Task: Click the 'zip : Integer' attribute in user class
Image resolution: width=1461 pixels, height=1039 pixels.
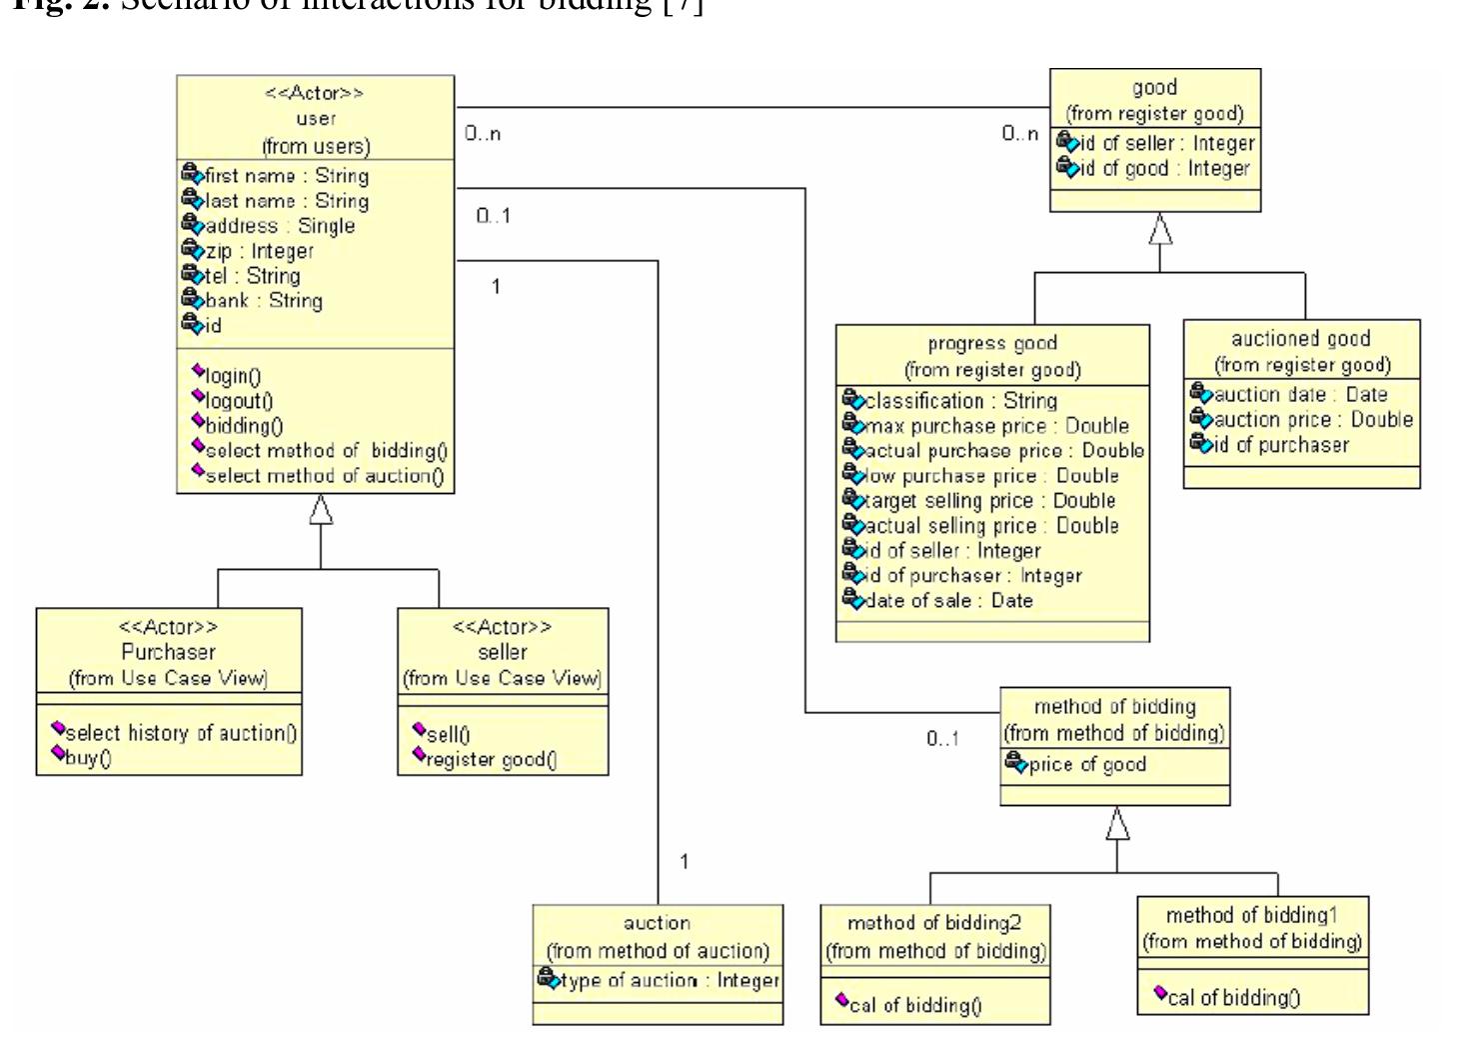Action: tap(259, 251)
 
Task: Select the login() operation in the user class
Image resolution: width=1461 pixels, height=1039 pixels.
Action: tap(232, 376)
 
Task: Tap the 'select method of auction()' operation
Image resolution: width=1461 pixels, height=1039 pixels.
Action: tap(324, 476)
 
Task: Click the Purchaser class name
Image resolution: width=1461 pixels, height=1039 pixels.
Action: tap(168, 652)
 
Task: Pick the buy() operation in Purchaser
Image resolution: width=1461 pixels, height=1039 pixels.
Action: tap(88, 758)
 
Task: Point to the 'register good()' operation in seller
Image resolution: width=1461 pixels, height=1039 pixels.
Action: tap(490, 760)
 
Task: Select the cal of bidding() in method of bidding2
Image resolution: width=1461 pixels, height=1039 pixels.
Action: tap(914, 1005)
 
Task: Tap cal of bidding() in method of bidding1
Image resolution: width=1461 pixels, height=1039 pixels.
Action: tap(1233, 997)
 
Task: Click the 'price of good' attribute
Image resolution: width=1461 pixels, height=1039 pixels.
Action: tap(1086, 765)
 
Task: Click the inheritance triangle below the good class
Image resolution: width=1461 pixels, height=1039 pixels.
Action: tap(1159, 230)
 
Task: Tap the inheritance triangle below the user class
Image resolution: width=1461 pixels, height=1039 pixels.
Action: tap(321, 510)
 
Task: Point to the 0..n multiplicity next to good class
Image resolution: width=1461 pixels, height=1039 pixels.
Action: tap(1019, 133)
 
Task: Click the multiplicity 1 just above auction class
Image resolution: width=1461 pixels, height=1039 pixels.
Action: tap(684, 861)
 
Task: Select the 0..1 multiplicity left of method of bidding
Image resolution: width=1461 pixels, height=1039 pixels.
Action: tap(942, 739)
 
